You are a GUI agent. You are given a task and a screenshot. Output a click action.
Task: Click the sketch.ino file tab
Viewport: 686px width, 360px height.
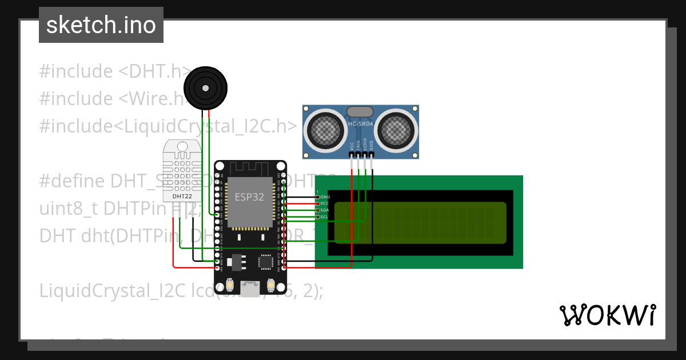click(101, 25)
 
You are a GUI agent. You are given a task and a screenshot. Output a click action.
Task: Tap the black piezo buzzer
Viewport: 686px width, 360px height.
click(205, 88)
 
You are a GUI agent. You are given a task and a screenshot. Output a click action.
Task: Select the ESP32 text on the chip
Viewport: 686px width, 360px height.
click(249, 197)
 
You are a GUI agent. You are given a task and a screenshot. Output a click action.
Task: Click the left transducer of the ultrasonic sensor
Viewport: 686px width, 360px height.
click(324, 130)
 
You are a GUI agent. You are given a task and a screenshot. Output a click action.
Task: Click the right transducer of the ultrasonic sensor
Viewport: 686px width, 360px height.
click(397, 130)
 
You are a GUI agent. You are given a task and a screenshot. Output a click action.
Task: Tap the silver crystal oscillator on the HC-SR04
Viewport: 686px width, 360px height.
click(360, 111)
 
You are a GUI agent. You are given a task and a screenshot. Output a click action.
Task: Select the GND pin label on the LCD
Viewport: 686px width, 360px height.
click(325, 197)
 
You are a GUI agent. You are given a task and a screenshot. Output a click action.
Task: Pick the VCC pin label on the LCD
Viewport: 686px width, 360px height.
click(325, 203)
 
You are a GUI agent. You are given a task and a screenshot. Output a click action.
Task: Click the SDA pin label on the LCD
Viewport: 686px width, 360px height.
click(325, 210)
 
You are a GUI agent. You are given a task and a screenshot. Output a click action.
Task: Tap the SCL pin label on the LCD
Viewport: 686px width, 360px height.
click(325, 217)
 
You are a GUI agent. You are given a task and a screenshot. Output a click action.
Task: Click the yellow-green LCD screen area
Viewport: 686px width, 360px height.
click(420, 223)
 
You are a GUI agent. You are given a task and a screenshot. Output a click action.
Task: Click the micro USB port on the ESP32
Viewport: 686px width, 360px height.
click(250, 289)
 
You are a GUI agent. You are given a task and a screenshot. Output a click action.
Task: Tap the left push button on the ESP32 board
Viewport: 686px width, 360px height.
click(230, 284)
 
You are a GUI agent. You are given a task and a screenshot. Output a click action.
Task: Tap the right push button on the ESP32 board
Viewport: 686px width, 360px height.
click(270, 284)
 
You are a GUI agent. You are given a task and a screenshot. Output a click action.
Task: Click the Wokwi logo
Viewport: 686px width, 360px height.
click(607, 315)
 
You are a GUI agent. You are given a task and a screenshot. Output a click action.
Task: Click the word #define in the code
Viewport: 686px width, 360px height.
click(73, 181)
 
